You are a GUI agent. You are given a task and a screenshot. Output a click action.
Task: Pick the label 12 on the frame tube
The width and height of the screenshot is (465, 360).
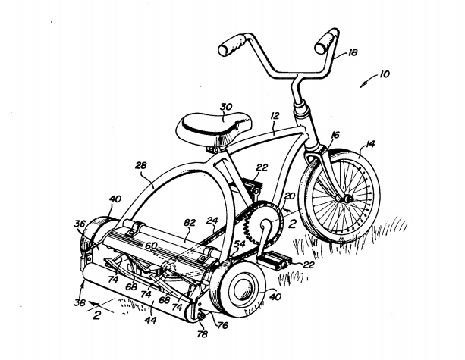(274, 117)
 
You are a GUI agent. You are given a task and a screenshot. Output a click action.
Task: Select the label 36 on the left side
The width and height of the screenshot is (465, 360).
(80, 224)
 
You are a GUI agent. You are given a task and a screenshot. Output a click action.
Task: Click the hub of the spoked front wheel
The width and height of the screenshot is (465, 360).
(347, 199)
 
